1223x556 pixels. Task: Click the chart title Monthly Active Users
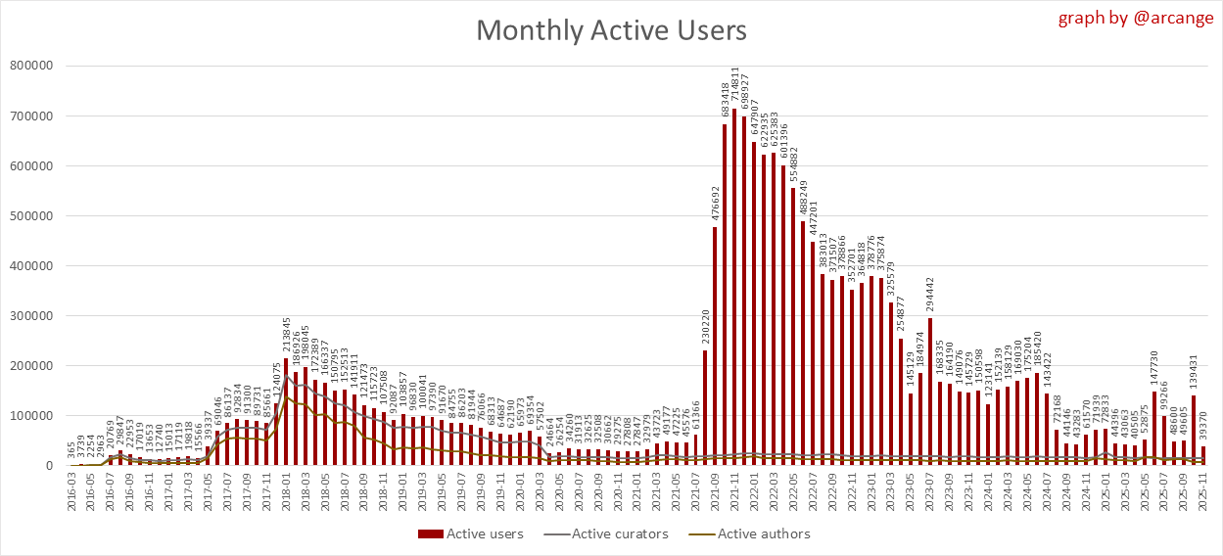point(611,30)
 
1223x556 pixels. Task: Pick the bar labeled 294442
point(929,392)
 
